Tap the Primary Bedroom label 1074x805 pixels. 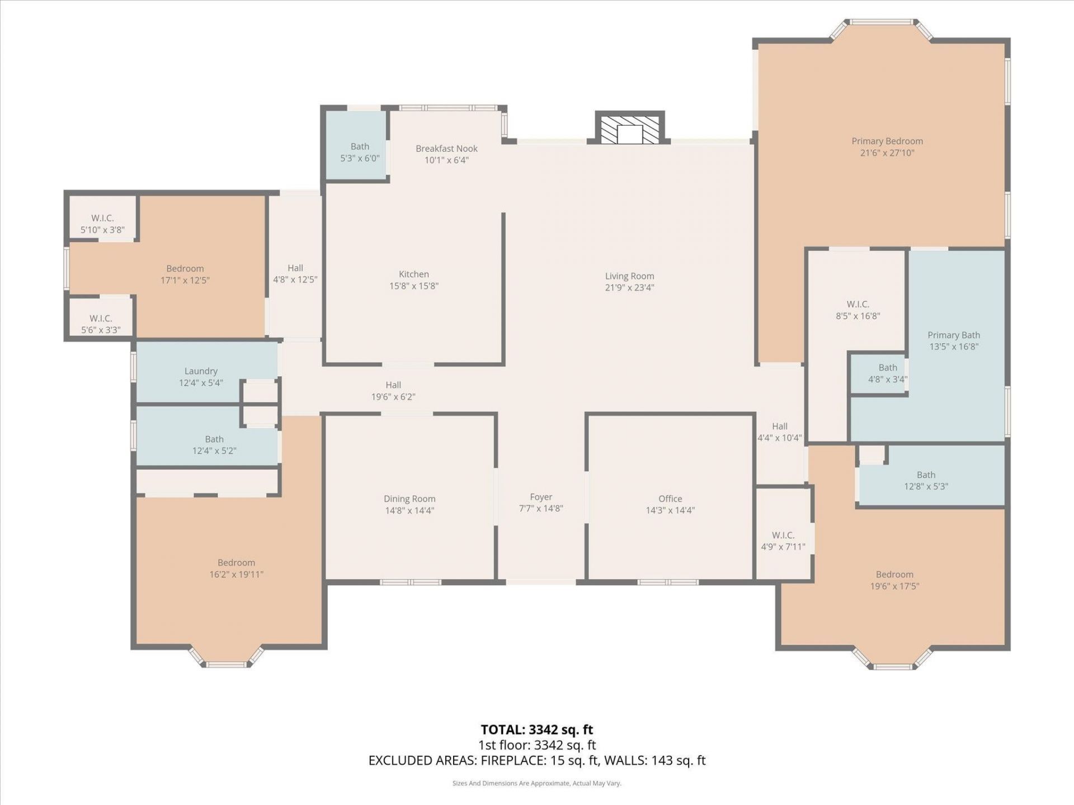(887, 141)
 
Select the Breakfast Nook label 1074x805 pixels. (446, 149)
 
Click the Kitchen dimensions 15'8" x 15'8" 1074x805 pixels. (414, 286)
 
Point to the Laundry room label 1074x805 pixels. (201, 371)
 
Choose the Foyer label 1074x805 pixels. (541, 497)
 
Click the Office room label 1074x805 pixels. (670, 499)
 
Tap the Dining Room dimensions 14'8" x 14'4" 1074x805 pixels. (409, 510)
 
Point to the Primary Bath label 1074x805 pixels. (954, 335)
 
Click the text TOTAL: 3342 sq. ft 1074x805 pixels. (537, 730)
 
